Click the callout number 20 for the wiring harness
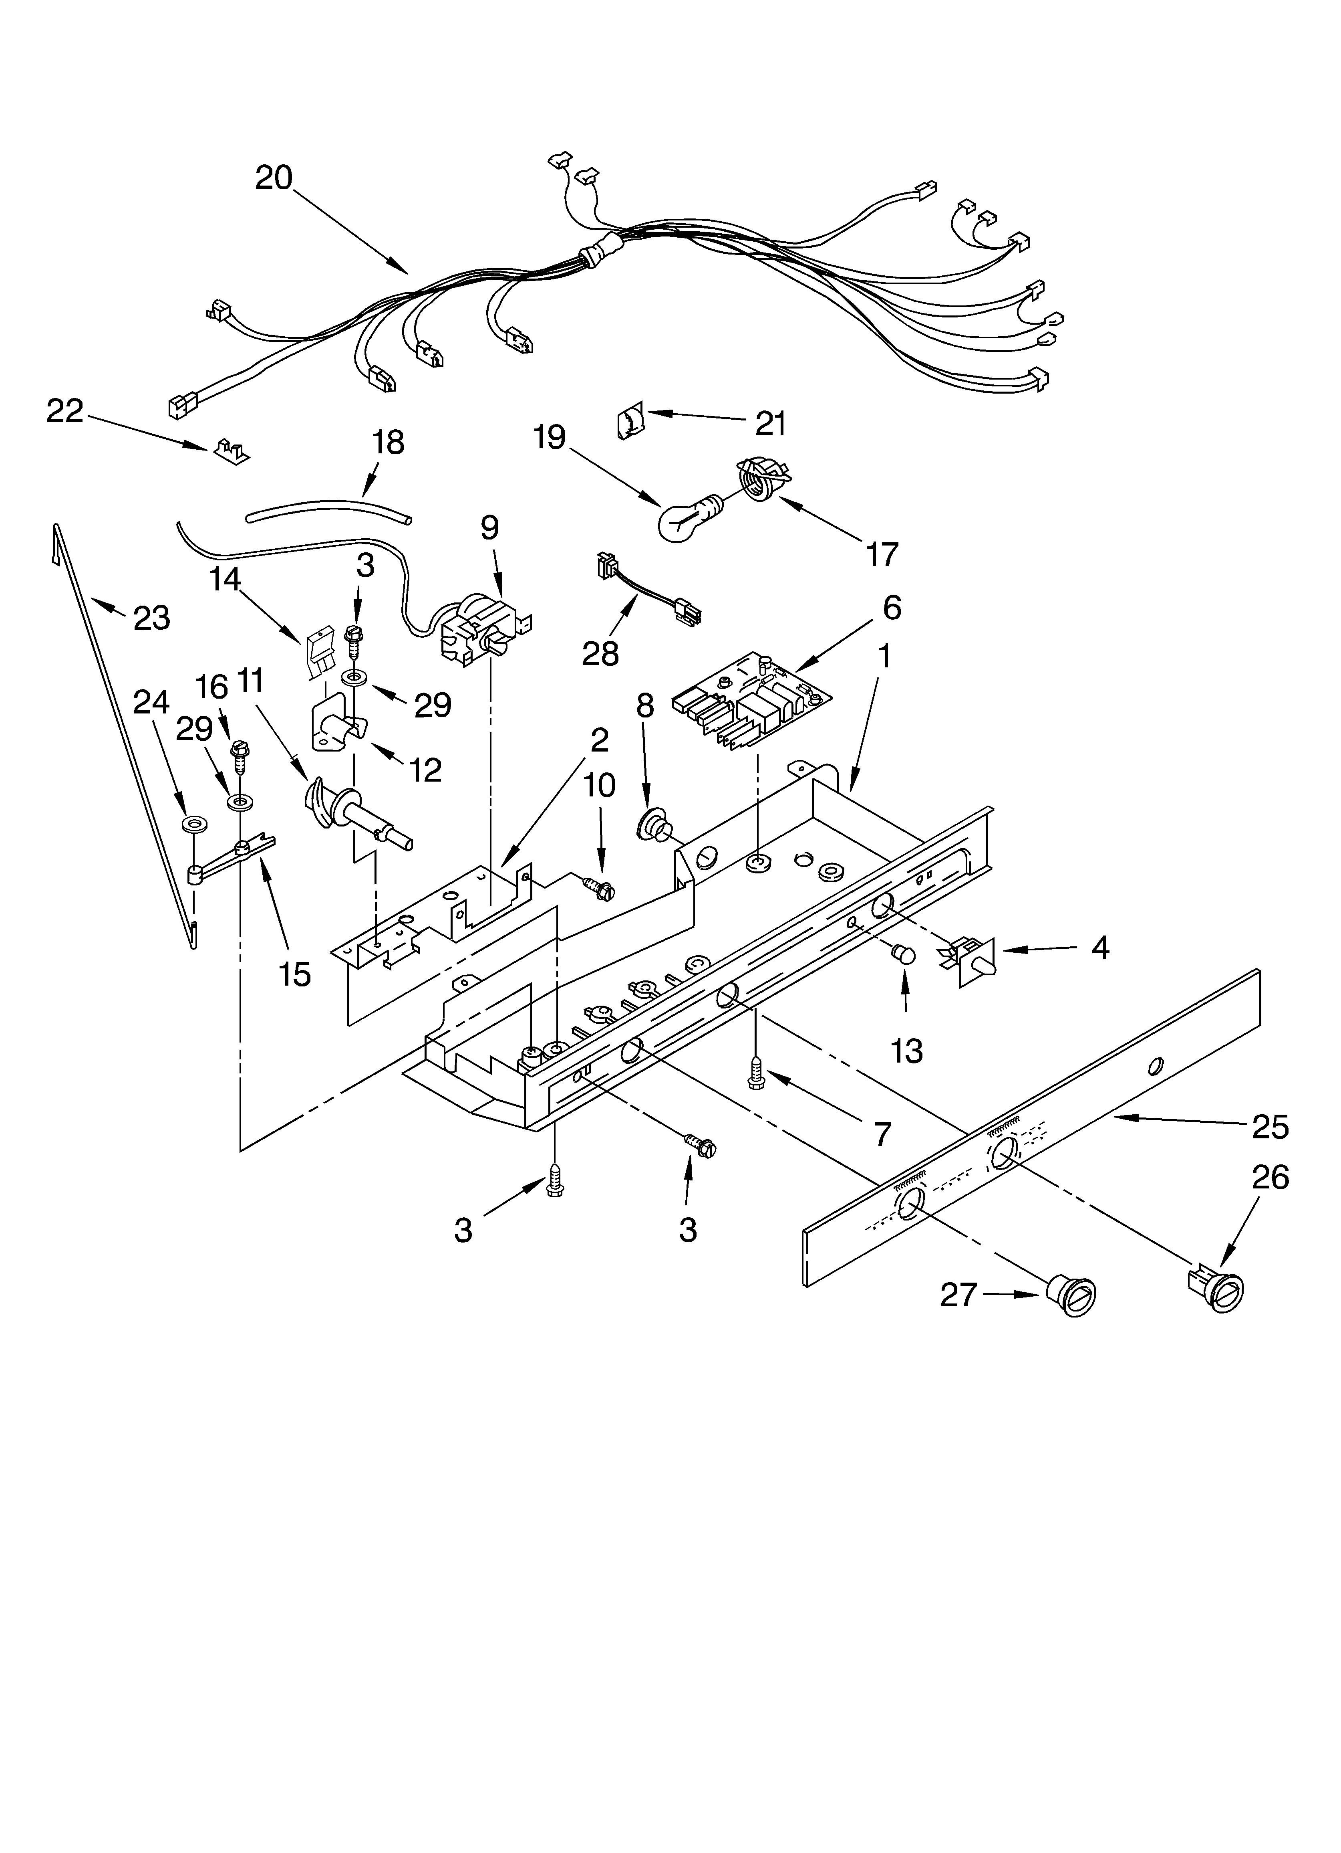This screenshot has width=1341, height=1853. click(274, 177)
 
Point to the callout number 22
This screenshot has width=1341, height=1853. click(64, 411)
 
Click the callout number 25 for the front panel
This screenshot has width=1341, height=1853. click(1270, 1127)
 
